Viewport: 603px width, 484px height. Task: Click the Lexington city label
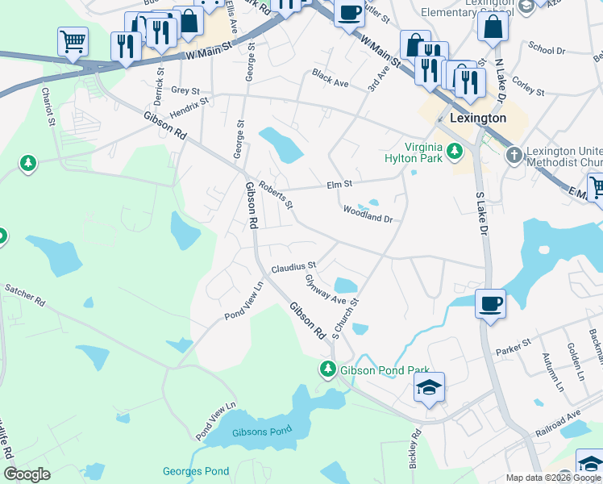click(478, 118)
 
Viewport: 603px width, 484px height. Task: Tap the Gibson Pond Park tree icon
click(328, 370)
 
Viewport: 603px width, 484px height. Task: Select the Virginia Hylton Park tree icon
click(455, 150)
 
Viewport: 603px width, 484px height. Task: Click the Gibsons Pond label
click(261, 432)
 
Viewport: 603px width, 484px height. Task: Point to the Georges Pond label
click(196, 471)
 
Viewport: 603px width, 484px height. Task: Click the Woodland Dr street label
click(367, 214)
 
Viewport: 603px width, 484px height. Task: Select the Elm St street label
click(340, 185)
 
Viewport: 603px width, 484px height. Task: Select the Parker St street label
click(514, 347)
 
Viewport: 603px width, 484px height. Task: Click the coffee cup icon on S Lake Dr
click(491, 303)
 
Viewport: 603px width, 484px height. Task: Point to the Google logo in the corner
click(27, 474)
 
